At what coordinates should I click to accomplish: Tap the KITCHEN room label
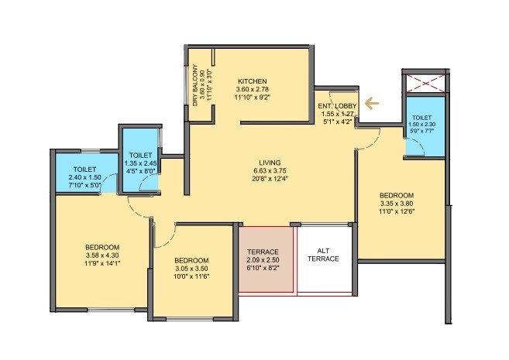coord(253,81)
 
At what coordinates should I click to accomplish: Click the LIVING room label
coord(271,163)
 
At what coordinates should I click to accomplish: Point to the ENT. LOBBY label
coord(336,105)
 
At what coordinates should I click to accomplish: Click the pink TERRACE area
coord(266,259)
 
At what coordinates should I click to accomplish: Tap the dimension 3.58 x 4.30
coord(101,255)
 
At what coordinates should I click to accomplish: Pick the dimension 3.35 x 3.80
coord(396,204)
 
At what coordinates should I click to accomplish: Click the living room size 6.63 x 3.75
coord(271,171)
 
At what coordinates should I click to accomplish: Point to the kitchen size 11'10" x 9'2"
coord(253,98)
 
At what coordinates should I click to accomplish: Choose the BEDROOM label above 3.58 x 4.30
coord(101,247)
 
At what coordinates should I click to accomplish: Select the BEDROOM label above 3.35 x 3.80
coord(396,195)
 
